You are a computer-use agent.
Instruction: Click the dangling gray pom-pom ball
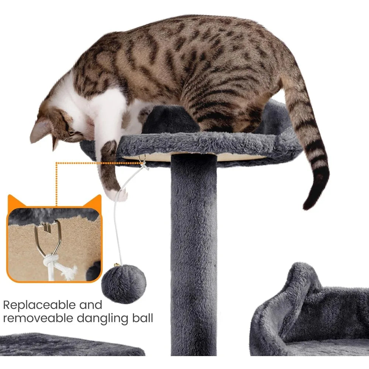pyautogui.click(x=124, y=284)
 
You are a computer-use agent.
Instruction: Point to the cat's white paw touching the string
pyautogui.click(x=119, y=194)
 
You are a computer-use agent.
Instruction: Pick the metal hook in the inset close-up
pyautogui.click(x=48, y=238)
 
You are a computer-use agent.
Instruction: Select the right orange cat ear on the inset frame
pyautogui.click(x=93, y=201)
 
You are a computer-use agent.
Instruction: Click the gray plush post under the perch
pyautogui.click(x=194, y=254)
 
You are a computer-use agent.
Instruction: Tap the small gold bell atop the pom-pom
pyautogui.click(x=117, y=265)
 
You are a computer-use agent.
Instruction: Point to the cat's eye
pyautogui.click(x=72, y=133)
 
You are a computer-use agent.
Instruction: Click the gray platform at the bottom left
pyautogui.click(x=70, y=344)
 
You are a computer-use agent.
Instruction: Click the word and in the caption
pyautogui.click(x=91, y=305)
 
